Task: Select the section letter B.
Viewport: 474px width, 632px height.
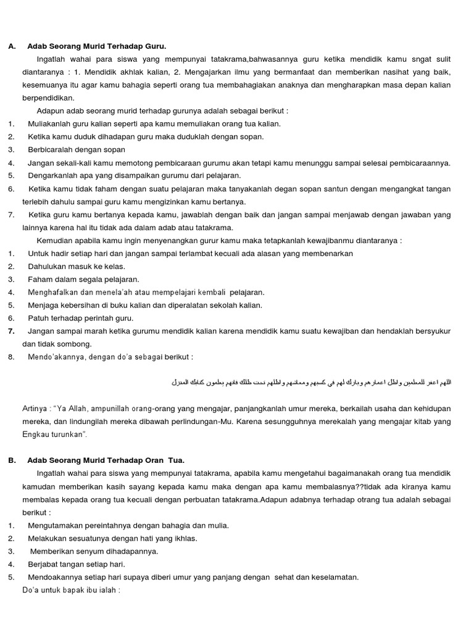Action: pos(11,460)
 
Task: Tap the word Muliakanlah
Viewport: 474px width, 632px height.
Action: pos(51,123)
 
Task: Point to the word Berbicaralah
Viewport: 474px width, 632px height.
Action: pos(51,149)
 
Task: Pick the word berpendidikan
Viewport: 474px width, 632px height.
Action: pos(48,98)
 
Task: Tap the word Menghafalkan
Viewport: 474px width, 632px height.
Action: pos(54,292)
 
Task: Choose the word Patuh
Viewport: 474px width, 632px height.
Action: pos(38,318)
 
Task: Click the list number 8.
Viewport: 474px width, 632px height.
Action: pos(11,357)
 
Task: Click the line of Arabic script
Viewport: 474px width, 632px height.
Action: pos(311,383)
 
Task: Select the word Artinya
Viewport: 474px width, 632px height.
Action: pos(36,409)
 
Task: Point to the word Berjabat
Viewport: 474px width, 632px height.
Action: pos(44,564)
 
